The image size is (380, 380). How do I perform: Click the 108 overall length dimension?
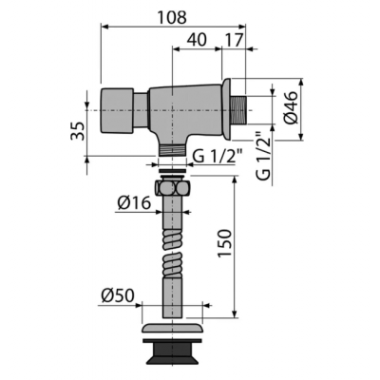[173, 17]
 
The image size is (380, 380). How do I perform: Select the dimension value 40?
[197, 40]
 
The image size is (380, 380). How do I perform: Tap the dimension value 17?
[235, 40]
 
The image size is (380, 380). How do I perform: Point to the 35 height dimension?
[77, 131]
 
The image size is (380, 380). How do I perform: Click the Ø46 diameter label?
[291, 107]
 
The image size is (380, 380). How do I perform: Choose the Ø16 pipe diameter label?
[134, 202]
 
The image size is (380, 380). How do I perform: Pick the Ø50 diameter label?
[118, 295]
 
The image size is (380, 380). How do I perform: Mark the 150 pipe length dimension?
[225, 243]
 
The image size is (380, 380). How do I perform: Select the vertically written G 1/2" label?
[263, 154]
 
